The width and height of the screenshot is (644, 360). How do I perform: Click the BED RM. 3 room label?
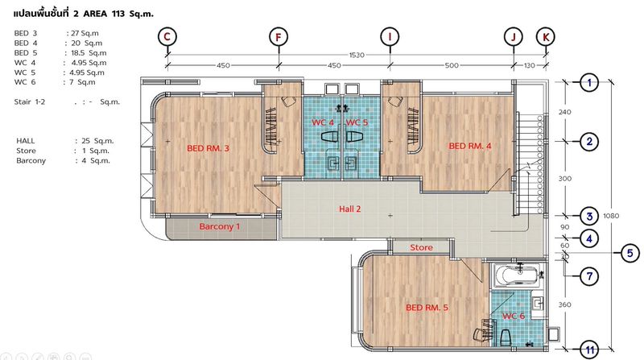(x=208, y=148)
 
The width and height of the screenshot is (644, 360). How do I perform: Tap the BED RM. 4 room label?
(x=470, y=146)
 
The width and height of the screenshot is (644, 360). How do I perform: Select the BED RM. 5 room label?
(x=427, y=308)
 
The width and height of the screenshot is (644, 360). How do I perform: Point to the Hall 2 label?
(x=350, y=209)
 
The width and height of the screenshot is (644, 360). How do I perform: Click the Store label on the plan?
(x=421, y=247)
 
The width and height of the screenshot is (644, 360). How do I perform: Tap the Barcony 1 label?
(x=219, y=226)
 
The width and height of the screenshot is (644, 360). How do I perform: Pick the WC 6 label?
(x=514, y=316)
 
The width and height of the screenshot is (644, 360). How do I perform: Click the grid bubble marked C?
(x=167, y=36)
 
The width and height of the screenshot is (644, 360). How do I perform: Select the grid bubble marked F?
(x=279, y=37)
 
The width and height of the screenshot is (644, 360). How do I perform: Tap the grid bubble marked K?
(x=546, y=37)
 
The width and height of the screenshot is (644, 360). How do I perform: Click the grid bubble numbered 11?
(x=590, y=350)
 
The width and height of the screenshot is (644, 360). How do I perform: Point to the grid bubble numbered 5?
(x=630, y=253)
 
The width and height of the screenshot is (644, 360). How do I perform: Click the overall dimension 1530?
(x=357, y=55)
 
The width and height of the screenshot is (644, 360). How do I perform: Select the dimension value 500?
(x=452, y=65)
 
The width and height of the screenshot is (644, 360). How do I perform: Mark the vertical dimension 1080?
(x=611, y=216)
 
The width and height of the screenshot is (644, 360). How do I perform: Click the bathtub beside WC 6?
(x=518, y=275)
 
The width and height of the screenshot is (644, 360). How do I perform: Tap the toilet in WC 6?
(x=506, y=337)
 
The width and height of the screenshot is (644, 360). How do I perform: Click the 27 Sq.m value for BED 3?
(x=85, y=33)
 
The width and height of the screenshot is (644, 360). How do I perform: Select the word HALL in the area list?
(x=26, y=141)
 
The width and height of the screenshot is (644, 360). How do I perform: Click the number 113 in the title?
(x=118, y=14)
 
